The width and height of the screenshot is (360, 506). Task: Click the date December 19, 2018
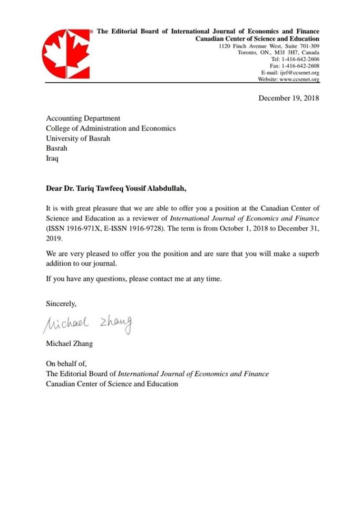pos(288,98)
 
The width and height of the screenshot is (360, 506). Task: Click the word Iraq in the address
pos(52,158)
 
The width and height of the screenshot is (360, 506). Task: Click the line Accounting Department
pos(83,119)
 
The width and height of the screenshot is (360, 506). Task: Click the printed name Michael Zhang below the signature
pos(69,344)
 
